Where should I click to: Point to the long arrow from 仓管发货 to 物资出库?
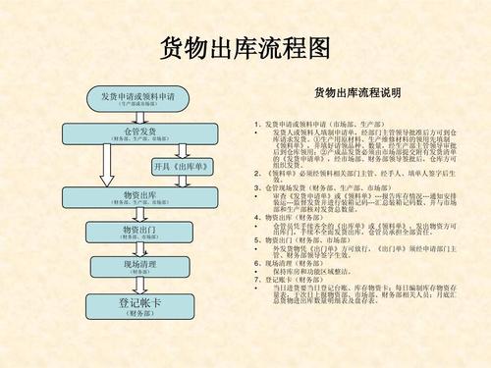tap(106, 167)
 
